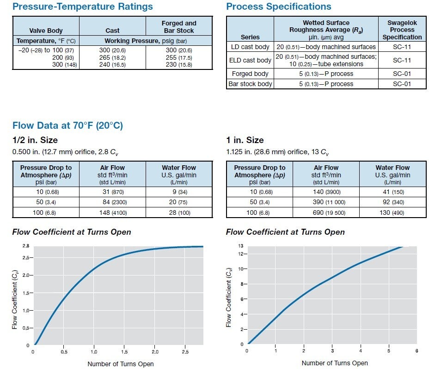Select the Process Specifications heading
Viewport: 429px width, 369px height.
tap(278, 6)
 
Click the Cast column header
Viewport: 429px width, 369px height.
tap(112, 31)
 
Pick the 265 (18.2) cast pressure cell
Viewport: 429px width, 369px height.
tap(112, 57)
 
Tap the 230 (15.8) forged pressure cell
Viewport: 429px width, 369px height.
tap(178, 65)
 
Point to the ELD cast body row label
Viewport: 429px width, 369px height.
tap(250, 60)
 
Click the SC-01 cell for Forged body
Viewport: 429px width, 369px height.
tap(402, 74)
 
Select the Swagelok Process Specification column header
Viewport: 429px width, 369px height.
tap(402, 30)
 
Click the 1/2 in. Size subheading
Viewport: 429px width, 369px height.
tap(35, 140)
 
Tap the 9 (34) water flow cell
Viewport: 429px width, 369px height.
tap(178, 192)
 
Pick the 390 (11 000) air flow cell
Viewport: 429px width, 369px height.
tap(326, 202)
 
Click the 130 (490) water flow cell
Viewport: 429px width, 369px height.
tap(392, 212)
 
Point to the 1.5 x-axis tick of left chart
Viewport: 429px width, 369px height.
tap(124, 352)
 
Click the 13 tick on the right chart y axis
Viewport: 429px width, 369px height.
tap(240, 246)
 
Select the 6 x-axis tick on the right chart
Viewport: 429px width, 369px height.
tap(417, 351)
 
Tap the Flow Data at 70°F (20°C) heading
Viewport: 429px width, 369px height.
tap(67, 125)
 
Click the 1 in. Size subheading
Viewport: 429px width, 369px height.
tap(245, 140)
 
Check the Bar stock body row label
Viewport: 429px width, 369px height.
tap(250, 84)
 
